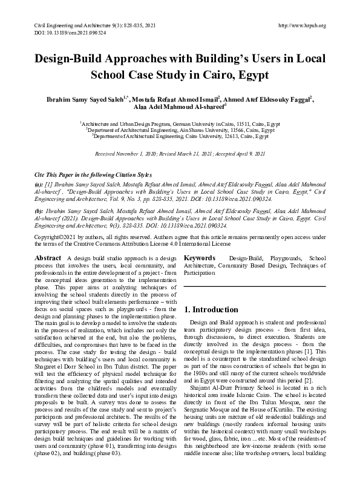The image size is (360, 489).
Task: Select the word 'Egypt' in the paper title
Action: pyautogui.click(x=250, y=77)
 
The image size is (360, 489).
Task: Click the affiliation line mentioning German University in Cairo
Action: pyautogui.click(x=179, y=123)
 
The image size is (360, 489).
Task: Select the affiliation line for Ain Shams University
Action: pyautogui.click(x=179, y=130)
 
